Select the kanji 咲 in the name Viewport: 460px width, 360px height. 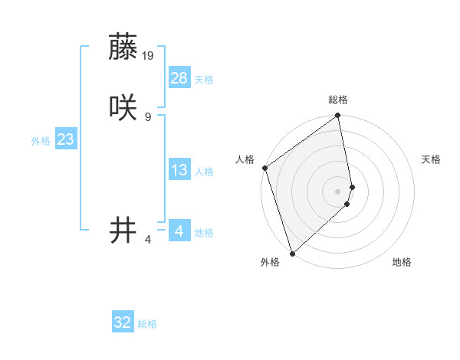123,106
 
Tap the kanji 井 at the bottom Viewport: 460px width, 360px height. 123,229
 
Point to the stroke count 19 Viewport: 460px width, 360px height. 149,55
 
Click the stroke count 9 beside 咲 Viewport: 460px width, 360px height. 148,116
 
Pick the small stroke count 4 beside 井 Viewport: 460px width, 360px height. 148,240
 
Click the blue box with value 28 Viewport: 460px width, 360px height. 179,77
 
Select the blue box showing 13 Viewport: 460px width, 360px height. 179,170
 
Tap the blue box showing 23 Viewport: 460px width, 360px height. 66,139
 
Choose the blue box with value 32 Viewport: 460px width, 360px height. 123,322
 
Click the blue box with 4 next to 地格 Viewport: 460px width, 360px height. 179,230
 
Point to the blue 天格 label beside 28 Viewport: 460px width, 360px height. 204,80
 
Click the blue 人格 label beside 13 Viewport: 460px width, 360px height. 204,172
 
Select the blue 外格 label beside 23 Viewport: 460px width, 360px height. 41,141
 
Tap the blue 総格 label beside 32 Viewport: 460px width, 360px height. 147,324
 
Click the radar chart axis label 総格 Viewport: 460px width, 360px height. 338,100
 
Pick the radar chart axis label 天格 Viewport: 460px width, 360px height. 432,159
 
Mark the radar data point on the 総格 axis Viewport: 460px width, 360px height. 338,116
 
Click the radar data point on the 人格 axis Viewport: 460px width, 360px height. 264,168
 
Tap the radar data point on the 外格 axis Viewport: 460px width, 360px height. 292,253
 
